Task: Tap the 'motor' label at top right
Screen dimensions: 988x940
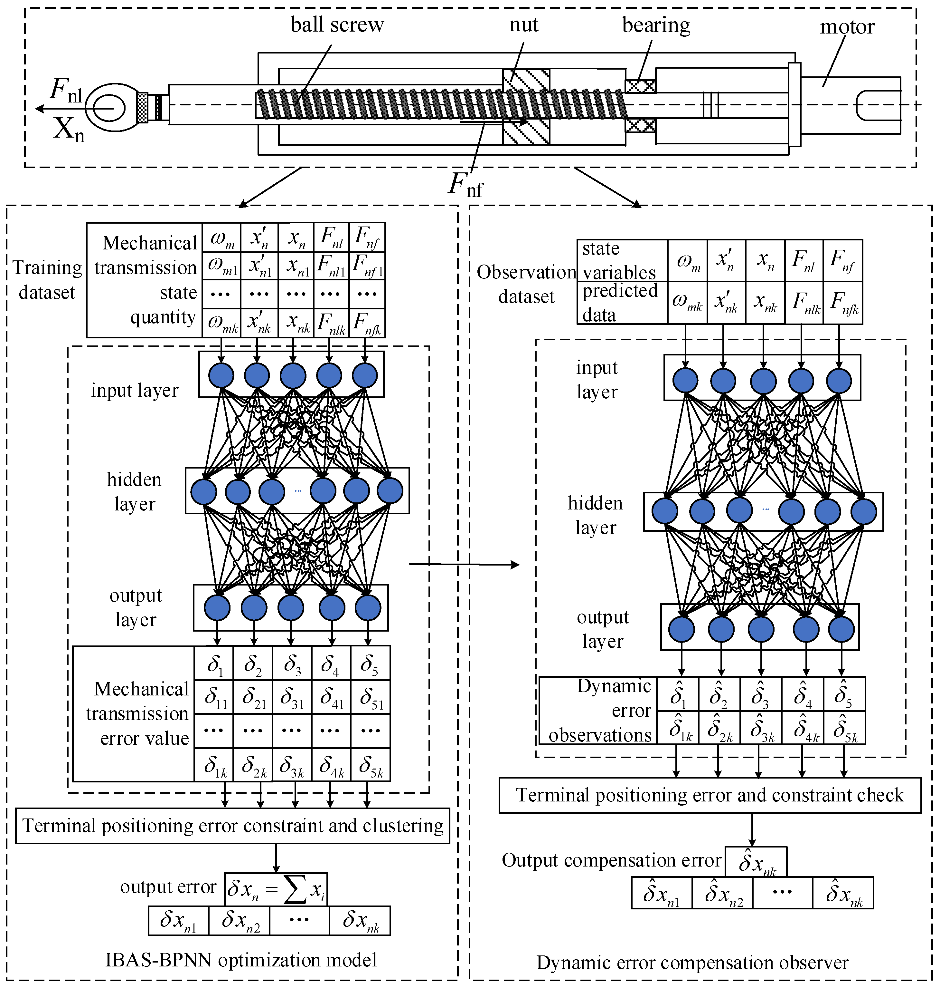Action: tap(846, 26)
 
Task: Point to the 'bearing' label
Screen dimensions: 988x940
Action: tap(655, 24)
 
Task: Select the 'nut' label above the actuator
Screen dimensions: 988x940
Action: tap(524, 24)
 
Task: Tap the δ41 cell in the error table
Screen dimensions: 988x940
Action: tap(331, 697)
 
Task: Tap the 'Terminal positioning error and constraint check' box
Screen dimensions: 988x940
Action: tap(710, 795)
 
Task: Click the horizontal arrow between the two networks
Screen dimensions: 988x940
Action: tap(464, 565)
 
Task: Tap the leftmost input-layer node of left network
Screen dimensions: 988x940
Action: tap(221, 375)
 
